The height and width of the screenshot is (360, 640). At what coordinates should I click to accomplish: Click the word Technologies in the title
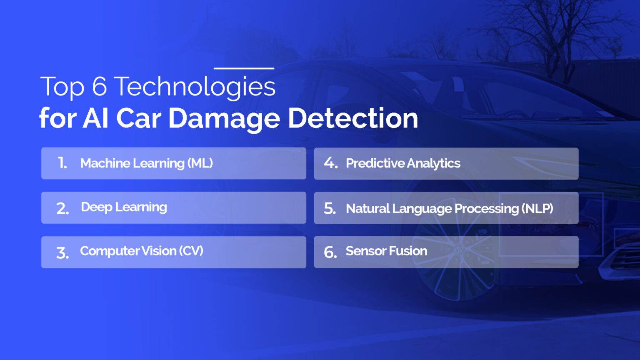[194, 87]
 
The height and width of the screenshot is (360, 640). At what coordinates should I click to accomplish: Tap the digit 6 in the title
[100, 87]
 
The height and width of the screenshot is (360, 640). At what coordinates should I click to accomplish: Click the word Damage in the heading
[224, 119]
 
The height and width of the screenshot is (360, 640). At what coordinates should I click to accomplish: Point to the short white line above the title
[244, 68]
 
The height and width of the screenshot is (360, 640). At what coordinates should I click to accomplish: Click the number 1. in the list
[62, 163]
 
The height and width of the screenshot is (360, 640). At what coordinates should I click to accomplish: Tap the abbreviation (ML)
[200, 163]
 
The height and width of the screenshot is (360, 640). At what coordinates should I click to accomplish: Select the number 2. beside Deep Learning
[62, 208]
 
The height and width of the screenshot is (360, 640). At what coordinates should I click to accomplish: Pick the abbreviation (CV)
[191, 251]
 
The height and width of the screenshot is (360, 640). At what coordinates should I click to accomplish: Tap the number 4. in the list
[330, 163]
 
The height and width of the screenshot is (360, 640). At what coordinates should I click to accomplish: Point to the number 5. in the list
[330, 208]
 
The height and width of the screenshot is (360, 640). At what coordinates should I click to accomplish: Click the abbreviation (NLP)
[537, 208]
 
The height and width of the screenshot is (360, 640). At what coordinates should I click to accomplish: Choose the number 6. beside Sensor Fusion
[330, 252]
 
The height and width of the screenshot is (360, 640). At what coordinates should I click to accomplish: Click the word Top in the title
[62, 87]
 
